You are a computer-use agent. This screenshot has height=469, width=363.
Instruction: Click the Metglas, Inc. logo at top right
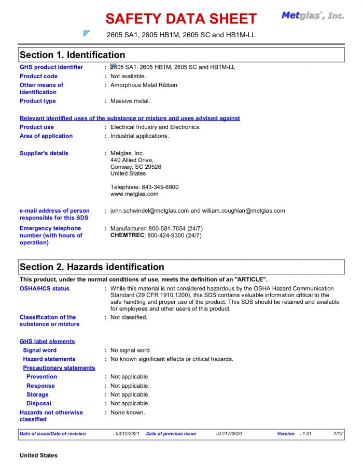(313, 16)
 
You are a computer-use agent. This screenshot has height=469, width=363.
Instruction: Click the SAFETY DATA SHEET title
(180, 19)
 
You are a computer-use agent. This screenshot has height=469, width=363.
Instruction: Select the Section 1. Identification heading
(72, 55)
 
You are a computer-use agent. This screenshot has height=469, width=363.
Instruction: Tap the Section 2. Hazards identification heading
(92, 267)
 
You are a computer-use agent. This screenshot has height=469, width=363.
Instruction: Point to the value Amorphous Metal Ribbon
(144, 85)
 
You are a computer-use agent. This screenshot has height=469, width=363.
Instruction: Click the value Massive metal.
(130, 101)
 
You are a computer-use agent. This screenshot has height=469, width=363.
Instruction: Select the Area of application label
(46, 136)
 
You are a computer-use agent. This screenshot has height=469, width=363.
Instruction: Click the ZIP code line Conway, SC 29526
(136, 167)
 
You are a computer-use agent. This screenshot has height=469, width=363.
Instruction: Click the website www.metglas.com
(134, 194)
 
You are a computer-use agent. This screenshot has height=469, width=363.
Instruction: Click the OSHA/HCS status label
(45, 288)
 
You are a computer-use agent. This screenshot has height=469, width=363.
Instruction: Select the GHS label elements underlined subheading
(47, 341)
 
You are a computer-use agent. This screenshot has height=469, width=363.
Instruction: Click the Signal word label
(40, 350)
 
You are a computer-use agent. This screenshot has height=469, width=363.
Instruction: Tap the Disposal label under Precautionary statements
(39, 403)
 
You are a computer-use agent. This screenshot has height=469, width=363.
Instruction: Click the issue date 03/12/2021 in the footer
(125, 434)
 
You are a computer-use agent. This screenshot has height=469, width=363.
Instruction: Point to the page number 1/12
(338, 434)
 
